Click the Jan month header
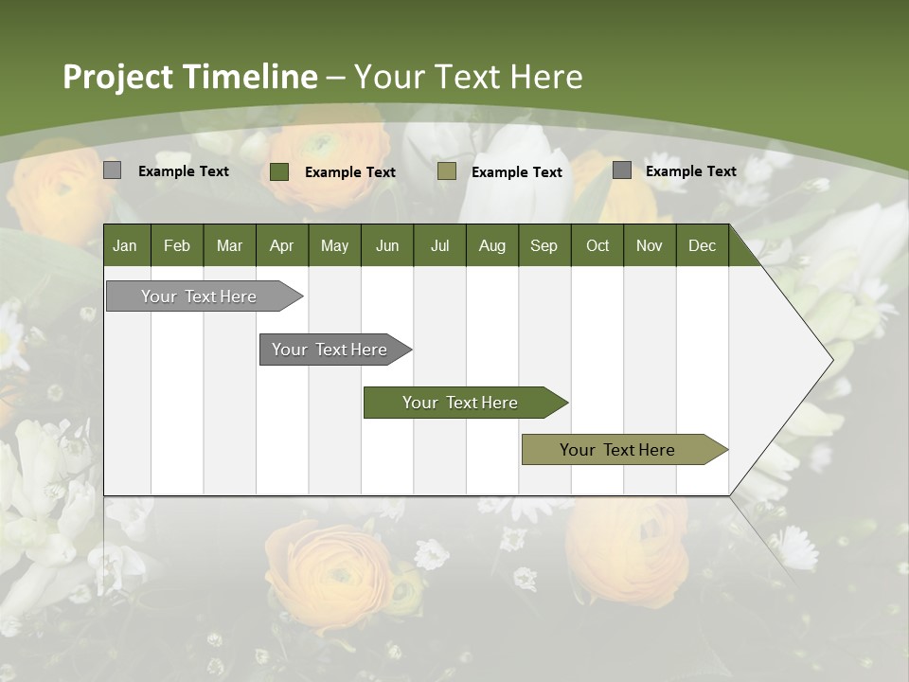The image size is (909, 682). tap(125, 245)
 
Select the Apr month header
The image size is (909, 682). tap(281, 245)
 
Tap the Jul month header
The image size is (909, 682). tap(439, 245)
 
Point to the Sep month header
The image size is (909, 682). tap(544, 245)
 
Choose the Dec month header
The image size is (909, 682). tap(702, 245)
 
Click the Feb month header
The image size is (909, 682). tap(177, 245)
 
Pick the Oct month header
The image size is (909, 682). tap(597, 245)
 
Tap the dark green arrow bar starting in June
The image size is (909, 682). tap(461, 403)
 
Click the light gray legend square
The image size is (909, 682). tap(112, 170)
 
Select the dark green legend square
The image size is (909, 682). tap(278, 171)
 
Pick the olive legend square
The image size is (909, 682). tap(447, 171)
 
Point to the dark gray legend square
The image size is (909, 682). tap(621, 170)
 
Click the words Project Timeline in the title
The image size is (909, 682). tap(189, 77)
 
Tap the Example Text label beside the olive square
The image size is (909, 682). tap(516, 172)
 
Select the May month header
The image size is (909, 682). tap(334, 245)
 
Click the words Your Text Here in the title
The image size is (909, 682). tap(469, 77)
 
